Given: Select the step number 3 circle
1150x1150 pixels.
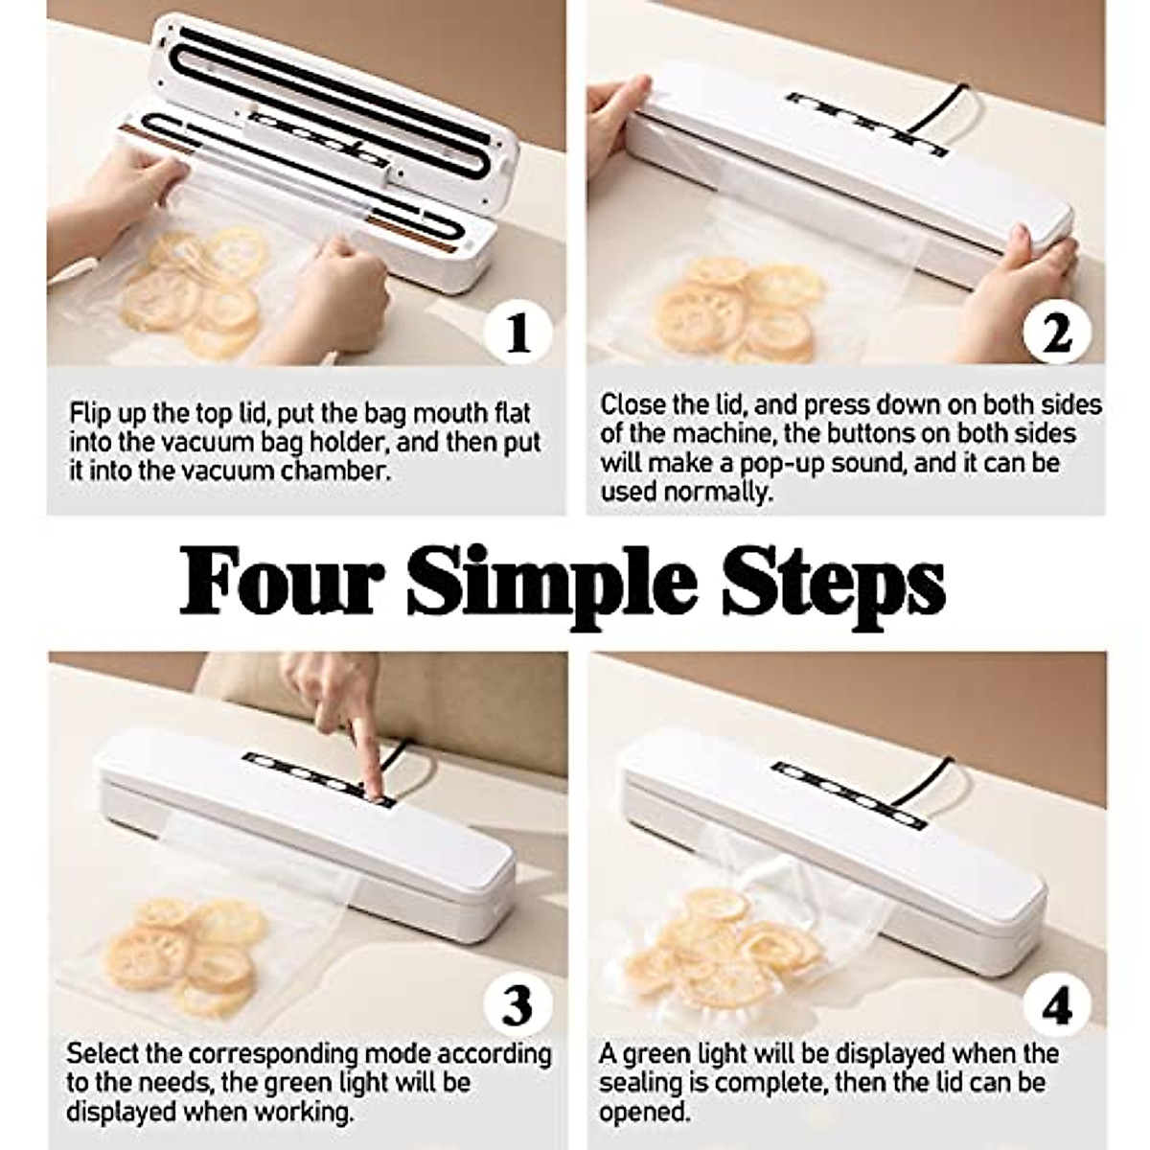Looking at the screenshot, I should point(517,1004).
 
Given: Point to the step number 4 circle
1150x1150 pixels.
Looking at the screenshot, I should point(1057,1004).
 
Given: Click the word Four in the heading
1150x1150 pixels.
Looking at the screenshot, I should point(278,580).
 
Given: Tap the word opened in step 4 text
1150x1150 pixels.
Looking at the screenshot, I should point(643,1114).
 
